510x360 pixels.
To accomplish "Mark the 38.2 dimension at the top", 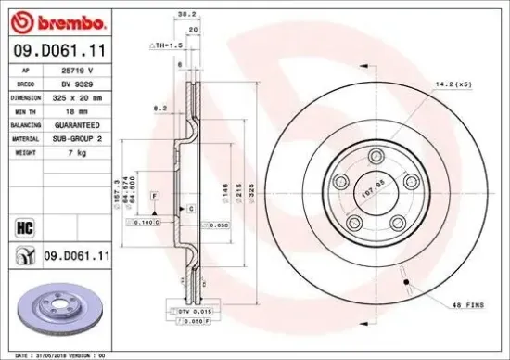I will [x=185, y=14].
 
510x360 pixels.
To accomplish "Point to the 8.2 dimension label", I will [x=159, y=109].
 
